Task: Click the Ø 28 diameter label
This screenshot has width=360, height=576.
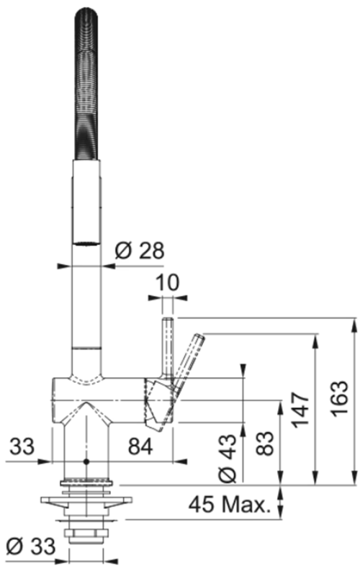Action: pyautogui.click(x=140, y=251)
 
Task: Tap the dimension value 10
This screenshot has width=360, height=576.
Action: pyautogui.click(x=168, y=282)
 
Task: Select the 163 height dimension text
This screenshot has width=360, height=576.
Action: pyautogui.click(x=339, y=399)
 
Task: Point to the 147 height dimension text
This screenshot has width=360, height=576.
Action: pyautogui.click(x=300, y=410)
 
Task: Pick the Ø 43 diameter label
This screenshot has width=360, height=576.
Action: pyautogui.click(x=227, y=459)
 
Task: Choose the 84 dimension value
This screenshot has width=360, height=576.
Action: pyautogui.click(x=140, y=447)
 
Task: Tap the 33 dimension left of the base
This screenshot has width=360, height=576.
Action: pyautogui.click(x=22, y=446)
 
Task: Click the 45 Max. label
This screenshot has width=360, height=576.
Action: pyautogui.click(x=230, y=505)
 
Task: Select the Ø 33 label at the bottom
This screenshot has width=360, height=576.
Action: pyautogui.click(x=31, y=546)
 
